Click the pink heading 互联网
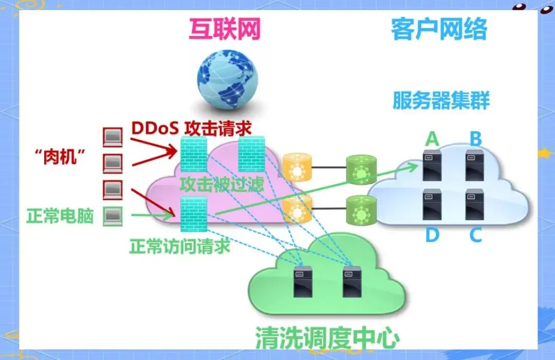pyautogui.click(x=225, y=29)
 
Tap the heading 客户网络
pyautogui.click(x=438, y=29)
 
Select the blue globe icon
pyautogui.click(x=229, y=84)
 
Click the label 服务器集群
pyautogui.click(x=441, y=100)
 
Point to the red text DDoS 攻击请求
pyautogui.click(x=191, y=128)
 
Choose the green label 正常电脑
pyautogui.click(x=60, y=216)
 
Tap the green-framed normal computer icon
pyautogui.click(x=113, y=216)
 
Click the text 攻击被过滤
pyautogui.click(x=221, y=184)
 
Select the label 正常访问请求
pyautogui.click(x=180, y=246)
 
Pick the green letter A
pyautogui.click(x=432, y=139)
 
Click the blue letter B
pyautogui.click(x=476, y=139)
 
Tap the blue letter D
pyautogui.click(x=432, y=235)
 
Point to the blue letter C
pyautogui.click(x=476, y=235)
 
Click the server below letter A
pyautogui.click(x=432, y=164)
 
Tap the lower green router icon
pyautogui.click(x=358, y=210)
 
